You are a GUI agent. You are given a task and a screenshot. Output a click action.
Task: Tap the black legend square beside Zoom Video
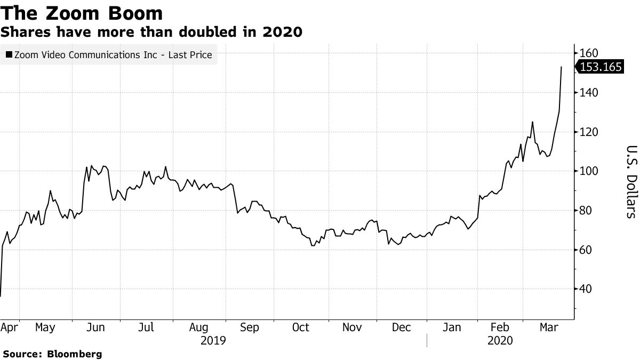click(x=9, y=54)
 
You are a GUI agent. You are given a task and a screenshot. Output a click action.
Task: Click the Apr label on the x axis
click(x=9, y=327)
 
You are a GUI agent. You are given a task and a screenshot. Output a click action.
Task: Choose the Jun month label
click(x=95, y=327)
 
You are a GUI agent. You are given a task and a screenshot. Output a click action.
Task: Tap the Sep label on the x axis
click(x=249, y=327)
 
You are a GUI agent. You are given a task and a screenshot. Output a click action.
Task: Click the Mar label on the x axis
click(x=548, y=327)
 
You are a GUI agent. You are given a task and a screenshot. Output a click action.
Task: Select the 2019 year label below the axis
click(x=213, y=341)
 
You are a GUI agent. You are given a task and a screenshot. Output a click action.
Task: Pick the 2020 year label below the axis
click(x=500, y=341)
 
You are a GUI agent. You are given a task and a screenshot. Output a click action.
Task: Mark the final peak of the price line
click(x=561, y=67)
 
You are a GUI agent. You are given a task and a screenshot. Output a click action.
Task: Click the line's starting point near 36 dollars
click(x=1, y=296)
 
